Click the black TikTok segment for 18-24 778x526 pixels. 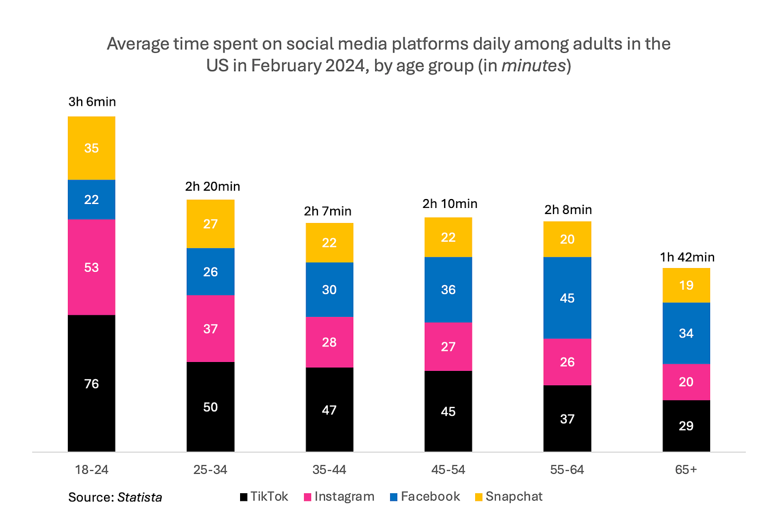91,383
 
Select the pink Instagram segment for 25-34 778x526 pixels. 211,328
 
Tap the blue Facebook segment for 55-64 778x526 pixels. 567,297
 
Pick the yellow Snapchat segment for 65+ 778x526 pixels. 686,285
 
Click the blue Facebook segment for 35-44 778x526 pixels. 329,289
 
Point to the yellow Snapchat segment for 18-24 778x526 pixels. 91,148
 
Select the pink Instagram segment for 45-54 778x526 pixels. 448,346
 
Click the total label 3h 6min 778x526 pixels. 92,102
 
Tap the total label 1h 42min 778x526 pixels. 687,257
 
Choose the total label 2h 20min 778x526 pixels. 212,187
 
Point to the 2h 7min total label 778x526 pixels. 327,211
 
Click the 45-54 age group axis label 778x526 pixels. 448,470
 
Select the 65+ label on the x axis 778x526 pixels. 686,470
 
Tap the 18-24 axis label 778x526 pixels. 92,470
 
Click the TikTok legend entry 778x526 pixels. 264,497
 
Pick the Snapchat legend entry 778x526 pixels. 509,497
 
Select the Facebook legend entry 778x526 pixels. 425,497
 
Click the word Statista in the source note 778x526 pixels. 139,497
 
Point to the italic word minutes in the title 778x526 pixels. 533,66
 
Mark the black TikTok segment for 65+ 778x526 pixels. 686,426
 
